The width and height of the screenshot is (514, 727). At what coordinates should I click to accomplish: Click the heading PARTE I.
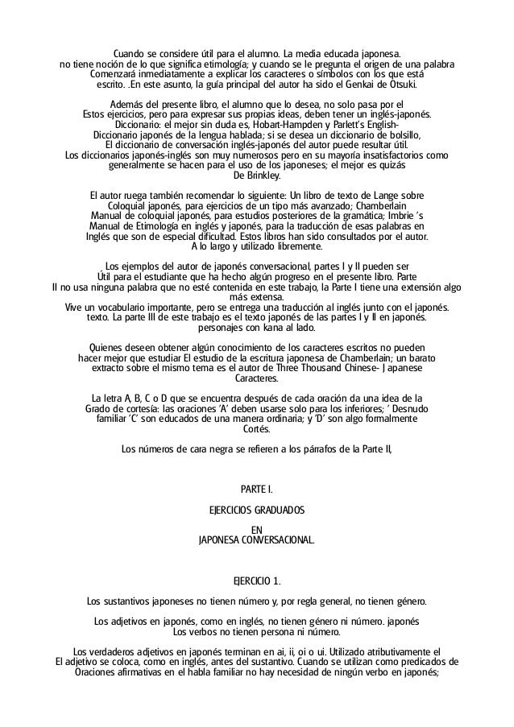[x=257, y=489]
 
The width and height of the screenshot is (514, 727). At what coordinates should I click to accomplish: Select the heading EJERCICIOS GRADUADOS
[x=257, y=510]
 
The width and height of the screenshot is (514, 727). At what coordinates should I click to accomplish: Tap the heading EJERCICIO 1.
[x=257, y=580]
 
